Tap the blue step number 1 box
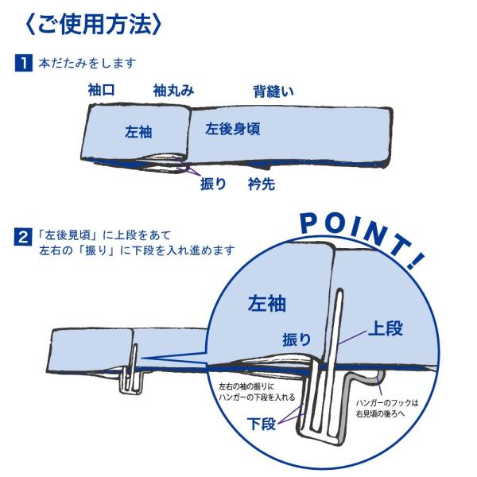click(x=27, y=61)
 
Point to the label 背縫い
click(x=273, y=91)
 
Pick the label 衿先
click(x=261, y=184)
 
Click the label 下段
click(x=262, y=423)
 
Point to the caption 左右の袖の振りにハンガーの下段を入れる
click(x=258, y=391)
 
